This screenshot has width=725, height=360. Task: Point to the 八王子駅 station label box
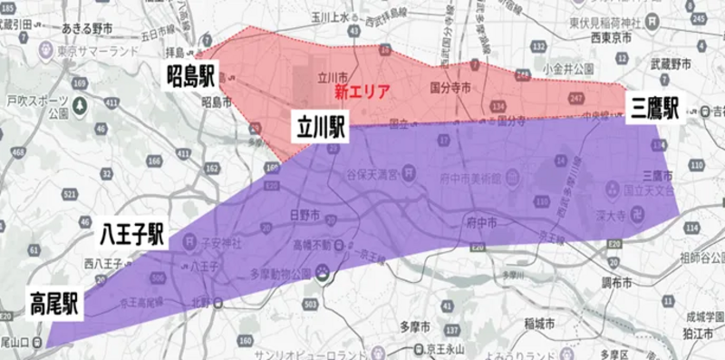pos(131,236)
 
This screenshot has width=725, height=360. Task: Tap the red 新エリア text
pos(362,92)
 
